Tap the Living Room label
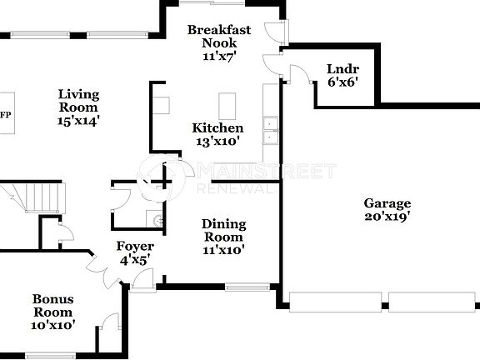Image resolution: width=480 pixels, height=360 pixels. (x=78, y=107)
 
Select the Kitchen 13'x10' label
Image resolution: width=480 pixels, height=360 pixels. (x=217, y=134)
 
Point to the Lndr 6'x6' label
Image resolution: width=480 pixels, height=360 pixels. (x=342, y=76)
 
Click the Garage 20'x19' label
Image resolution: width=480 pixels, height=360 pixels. (x=387, y=209)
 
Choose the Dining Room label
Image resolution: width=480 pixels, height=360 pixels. (x=223, y=236)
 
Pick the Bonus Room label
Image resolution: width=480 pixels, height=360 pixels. (x=53, y=312)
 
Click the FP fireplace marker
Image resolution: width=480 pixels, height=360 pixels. (x=5, y=115)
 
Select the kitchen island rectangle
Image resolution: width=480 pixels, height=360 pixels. (x=228, y=106)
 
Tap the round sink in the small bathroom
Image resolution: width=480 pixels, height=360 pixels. (x=157, y=220)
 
